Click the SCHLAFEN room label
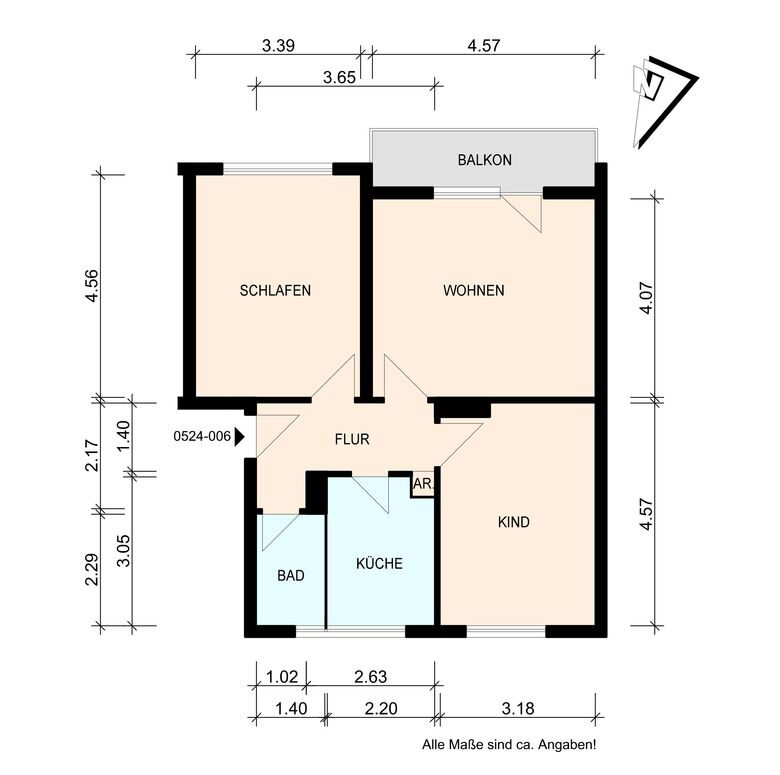(x=275, y=291)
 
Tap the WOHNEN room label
(x=474, y=291)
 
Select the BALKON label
(x=485, y=160)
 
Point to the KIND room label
(x=514, y=522)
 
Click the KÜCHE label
(x=380, y=563)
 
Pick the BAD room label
(x=291, y=576)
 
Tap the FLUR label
(x=352, y=439)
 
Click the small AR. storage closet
(x=423, y=485)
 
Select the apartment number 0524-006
(x=202, y=436)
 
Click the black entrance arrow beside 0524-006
(x=239, y=437)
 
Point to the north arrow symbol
(x=664, y=102)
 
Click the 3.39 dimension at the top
(x=279, y=46)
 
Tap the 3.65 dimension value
(x=339, y=78)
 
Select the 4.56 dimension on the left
(x=93, y=286)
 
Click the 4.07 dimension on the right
(x=647, y=298)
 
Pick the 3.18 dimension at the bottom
(x=518, y=708)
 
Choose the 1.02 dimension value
(x=282, y=677)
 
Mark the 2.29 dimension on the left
(x=93, y=570)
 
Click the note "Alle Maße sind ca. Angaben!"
(x=509, y=745)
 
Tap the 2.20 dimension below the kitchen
(x=381, y=708)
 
